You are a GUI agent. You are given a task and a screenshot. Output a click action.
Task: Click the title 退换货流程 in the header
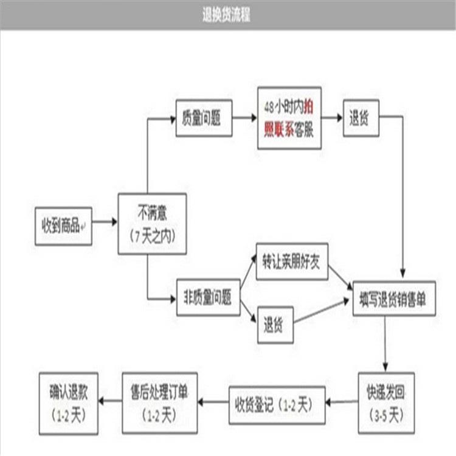click(226, 15)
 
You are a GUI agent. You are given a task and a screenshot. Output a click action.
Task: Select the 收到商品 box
click(63, 226)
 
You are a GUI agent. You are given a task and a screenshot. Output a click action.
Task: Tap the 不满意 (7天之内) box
click(152, 224)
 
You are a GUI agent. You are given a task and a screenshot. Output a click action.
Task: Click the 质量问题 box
click(204, 118)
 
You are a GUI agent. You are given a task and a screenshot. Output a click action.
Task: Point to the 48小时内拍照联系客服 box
click(289, 118)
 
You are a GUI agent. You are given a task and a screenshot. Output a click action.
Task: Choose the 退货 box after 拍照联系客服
click(361, 118)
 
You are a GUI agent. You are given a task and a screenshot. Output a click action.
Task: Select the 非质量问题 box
click(208, 297)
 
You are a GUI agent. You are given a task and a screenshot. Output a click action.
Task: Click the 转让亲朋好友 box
click(292, 261)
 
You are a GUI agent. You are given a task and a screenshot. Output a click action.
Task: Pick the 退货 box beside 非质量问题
click(275, 325)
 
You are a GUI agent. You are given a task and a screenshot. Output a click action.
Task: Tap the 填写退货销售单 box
click(394, 299)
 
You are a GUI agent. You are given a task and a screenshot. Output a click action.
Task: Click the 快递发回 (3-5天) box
click(386, 403)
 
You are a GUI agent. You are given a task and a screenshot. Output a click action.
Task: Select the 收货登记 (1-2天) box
click(277, 405)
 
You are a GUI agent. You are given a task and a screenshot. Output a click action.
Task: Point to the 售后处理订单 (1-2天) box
click(160, 403)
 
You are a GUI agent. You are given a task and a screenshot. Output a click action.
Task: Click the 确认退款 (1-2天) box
click(68, 404)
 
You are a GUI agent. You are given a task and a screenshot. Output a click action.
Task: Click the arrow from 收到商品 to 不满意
click(105, 222)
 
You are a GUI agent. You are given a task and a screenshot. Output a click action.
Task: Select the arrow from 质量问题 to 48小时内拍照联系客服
click(245, 118)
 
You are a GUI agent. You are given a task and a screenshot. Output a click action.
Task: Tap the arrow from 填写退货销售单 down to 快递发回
click(385, 344)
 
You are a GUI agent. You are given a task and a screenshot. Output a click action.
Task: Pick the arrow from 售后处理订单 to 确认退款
click(110, 401)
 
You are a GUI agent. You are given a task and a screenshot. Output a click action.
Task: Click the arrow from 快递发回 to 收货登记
click(342, 402)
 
